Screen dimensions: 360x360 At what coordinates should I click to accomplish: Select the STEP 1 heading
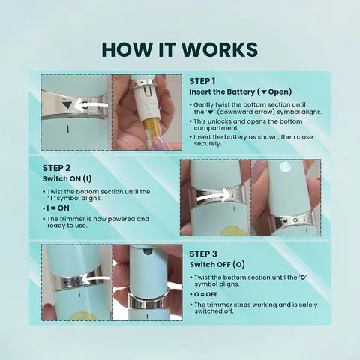coord(202,80)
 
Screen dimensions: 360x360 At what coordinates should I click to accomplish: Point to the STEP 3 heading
coord(202,253)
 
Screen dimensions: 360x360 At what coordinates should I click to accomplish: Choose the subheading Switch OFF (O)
coord(217,265)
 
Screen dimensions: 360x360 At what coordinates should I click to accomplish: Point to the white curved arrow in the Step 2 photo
coord(213,196)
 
